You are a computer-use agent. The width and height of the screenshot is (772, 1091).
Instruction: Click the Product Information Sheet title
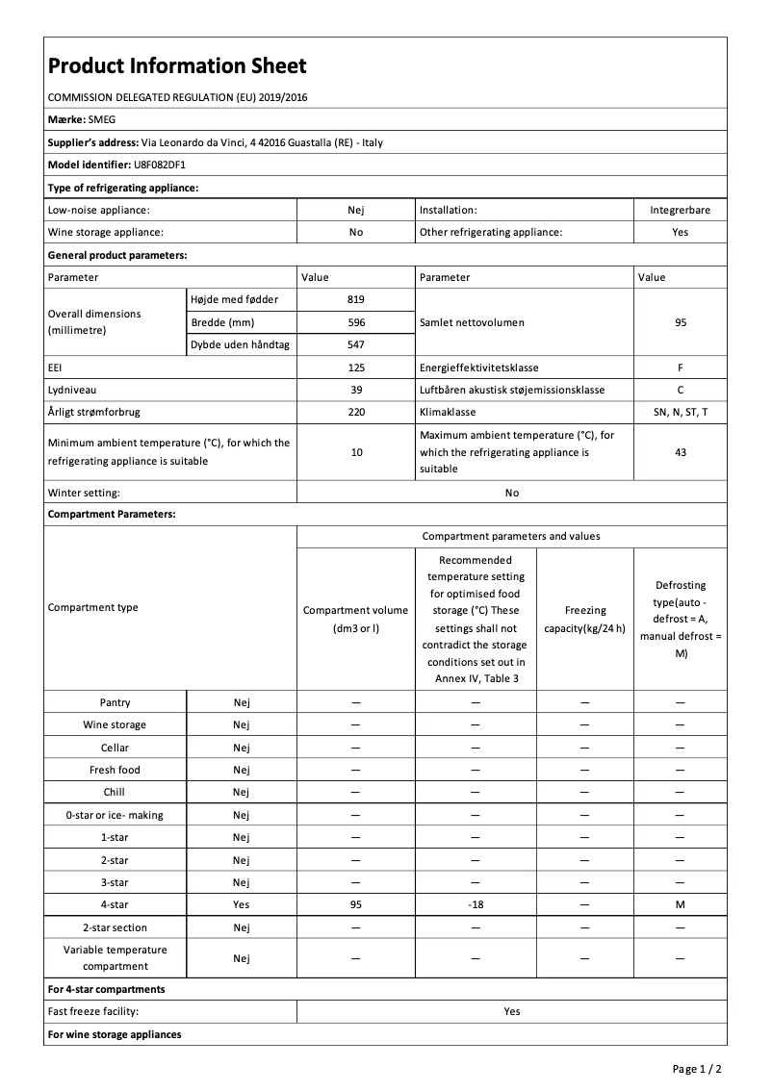click(x=177, y=66)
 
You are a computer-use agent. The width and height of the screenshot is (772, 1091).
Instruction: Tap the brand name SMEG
click(x=101, y=120)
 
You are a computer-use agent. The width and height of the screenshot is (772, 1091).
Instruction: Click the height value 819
click(x=356, y=300)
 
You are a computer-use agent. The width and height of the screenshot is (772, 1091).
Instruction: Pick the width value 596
click(x=356, y=322)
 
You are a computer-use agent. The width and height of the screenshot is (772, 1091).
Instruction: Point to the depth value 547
click(x=356, y=344)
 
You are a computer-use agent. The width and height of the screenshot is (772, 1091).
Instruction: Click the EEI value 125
click(x=356, y=368)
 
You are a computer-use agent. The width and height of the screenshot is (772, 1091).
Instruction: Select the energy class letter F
click(x=680, y=368)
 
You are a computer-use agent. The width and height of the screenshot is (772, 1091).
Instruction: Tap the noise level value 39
click(x=356, y=390)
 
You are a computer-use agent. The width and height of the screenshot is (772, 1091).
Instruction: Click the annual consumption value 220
click(x=356, y=412)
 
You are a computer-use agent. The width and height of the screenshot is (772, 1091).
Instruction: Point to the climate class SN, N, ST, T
click(x=680, y=412)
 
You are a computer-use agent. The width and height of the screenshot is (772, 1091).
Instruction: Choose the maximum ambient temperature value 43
click(x=680, y=452)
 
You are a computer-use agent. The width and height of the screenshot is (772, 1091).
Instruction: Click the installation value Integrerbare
click(x=680, y=210)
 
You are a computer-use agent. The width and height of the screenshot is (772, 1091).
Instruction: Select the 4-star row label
click(x=115, y=905)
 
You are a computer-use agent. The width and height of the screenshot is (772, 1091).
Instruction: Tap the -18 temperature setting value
click(x=475, y=905)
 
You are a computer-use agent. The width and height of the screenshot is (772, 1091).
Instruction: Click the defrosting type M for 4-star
click(x=680, y=905)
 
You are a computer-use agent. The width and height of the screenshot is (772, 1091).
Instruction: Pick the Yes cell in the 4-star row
click(x=241, y=905)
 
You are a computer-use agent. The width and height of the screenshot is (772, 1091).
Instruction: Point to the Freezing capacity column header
click(x=585, y=620)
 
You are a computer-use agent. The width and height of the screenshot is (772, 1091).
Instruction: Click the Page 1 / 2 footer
click(x=697, y=1069)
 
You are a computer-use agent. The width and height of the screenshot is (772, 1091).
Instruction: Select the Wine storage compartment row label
click(x=115, y=725)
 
